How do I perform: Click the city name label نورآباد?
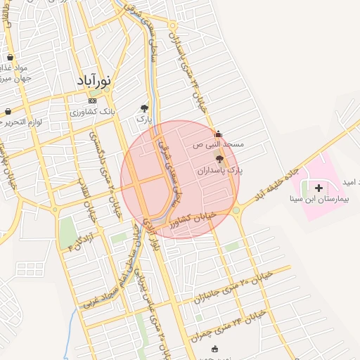95,80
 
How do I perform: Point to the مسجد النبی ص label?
219,145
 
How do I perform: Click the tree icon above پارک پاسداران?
220,160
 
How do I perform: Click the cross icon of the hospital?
319,188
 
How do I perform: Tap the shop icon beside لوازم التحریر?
8,111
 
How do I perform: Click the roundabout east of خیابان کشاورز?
236,210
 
